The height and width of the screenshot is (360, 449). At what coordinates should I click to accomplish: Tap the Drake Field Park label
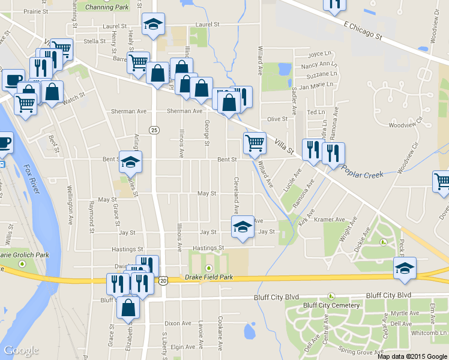pos(208,277)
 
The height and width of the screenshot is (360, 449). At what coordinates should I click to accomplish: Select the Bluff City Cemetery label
pos(331,305)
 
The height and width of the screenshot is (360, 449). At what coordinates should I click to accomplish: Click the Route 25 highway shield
pos(154,130)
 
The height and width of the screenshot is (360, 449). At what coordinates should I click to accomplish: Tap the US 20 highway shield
pos(163,280)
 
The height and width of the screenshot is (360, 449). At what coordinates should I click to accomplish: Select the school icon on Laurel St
pos(153,25)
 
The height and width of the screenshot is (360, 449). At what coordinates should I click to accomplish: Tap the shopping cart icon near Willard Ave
pos(255,143)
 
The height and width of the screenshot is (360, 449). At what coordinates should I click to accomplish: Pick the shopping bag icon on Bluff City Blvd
pos(128,307)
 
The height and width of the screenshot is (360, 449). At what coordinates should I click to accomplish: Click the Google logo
pos(21,350)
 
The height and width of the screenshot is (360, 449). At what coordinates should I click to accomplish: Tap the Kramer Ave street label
pos(329,220)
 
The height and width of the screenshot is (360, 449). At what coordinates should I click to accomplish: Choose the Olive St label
pos(277,119)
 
